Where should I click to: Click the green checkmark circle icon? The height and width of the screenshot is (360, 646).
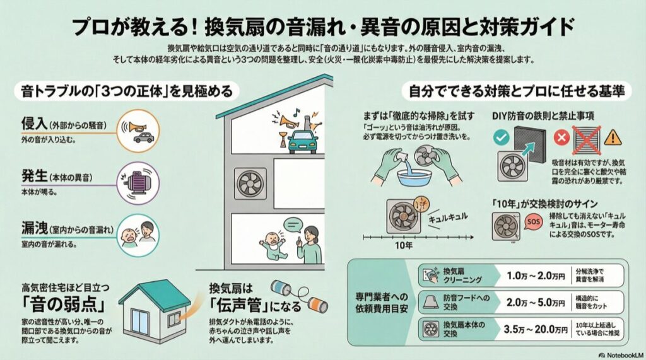click(x=502, y=136)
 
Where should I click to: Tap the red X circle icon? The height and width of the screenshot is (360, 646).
click(x=560, y=137)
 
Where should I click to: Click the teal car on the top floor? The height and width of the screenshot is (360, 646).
click(x=302, y=141)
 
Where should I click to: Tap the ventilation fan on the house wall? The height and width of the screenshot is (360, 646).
click(x=249, y=184)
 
